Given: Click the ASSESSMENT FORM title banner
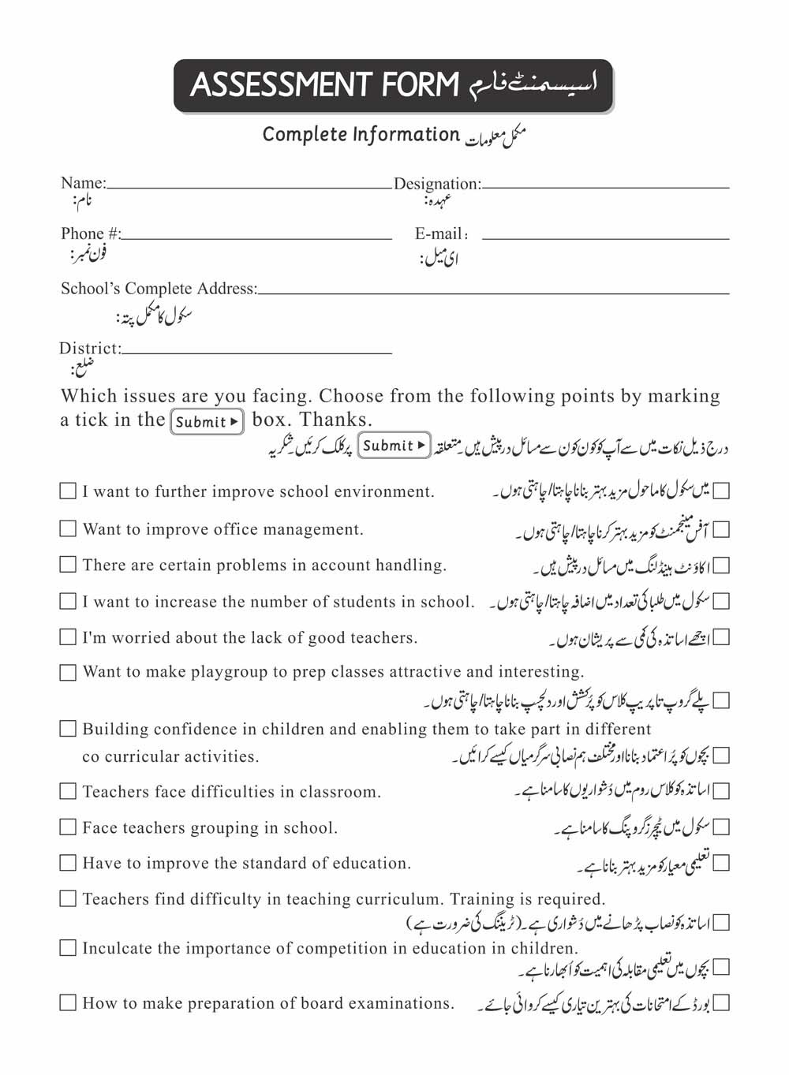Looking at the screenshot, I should (x=393, y=85).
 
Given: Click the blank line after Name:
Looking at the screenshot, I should (x=249, y=186).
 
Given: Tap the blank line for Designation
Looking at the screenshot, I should (x=605, y=186).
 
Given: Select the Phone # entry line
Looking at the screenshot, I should (x=256, y=236).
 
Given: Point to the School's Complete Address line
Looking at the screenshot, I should (x=493, y=291).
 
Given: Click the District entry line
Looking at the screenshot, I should (x=256, y=351).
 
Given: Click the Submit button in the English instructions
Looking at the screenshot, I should (x=208, y=421).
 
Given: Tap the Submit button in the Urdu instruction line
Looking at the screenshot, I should (x=394, y=446).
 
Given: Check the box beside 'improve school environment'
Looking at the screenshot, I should (x=69, y=491).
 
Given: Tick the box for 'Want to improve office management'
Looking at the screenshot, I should (x=69, y=528).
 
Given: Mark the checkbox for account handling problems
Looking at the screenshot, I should (x=69, y=565).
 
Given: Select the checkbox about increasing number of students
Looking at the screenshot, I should (x=69, y=601).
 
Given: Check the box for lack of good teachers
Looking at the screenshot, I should (x=69, y=636).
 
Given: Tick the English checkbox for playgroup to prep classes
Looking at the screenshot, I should (x=69, y=672).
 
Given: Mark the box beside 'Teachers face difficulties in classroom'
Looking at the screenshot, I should (x=69, y=791).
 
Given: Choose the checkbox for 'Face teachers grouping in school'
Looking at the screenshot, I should (x=69, y=827).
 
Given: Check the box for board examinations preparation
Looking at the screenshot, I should (x=69, y=1003).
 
